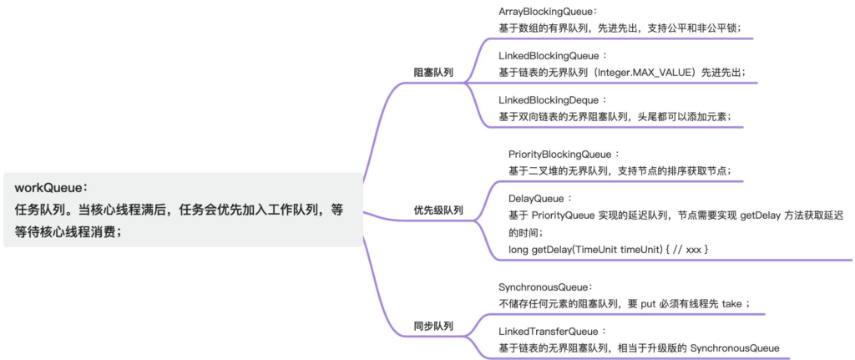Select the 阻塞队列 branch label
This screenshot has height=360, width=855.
433,73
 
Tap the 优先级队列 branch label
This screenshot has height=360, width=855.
438,210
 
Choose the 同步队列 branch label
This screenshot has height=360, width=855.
433,326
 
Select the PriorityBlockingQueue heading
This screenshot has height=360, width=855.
564,155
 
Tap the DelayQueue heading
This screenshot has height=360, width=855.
539,199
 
